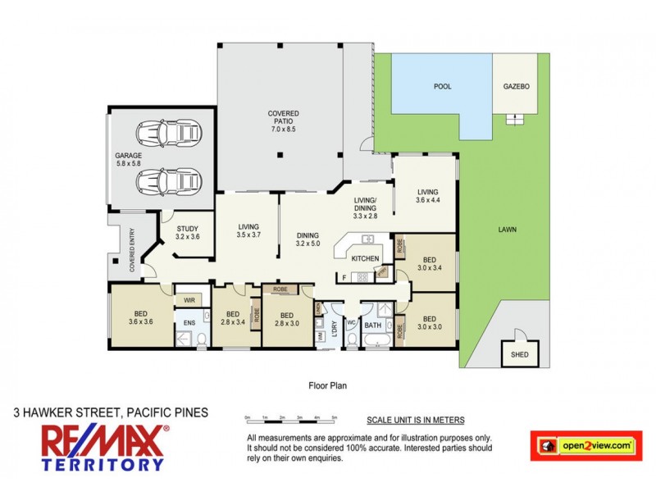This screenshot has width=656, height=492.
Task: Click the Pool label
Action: [x=442, y=86]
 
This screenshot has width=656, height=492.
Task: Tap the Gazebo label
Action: [x=517, y=86]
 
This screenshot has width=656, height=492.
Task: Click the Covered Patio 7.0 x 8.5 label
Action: [x=283, y=121]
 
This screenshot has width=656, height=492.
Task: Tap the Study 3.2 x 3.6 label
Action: [x=188, y=232]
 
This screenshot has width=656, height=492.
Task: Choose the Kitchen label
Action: [x=365, y=258]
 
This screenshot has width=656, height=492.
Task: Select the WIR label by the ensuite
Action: [x=189, y=300]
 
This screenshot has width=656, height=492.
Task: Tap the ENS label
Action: [x=189, y=324]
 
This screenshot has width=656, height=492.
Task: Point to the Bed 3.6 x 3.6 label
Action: [x=142, y=316]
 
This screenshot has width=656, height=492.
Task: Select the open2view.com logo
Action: [x=585, y=445]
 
